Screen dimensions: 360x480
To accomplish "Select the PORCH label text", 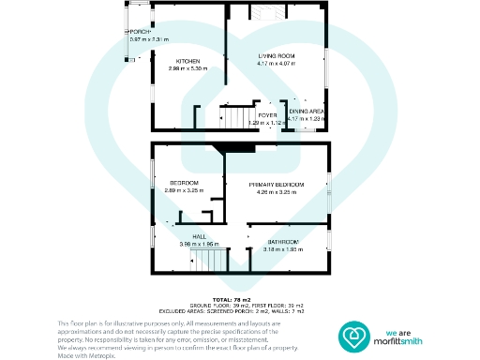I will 142,33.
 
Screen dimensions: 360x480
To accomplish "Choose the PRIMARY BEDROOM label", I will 277,186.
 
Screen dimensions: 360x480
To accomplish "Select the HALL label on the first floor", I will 199,236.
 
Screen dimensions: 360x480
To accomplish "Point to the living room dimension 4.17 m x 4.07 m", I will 277,65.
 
